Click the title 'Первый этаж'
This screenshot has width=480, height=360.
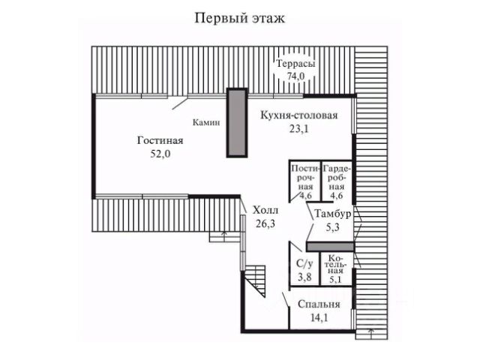(239, 17)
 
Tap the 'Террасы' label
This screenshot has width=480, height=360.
(295, 64)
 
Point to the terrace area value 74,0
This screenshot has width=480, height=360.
(295, 76)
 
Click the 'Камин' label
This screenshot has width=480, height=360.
(205, 122)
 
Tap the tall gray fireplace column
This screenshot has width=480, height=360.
(237, 123)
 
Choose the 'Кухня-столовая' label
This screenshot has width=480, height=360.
(299, 115)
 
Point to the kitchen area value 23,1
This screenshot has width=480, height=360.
(299, 128)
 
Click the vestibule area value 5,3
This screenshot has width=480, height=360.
(331, 226)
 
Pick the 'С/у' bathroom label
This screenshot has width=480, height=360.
(304, 264)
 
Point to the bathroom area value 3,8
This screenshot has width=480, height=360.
(304, 277)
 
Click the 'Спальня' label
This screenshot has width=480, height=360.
(319, 304)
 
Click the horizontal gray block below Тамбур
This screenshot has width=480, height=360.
(329, 247)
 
